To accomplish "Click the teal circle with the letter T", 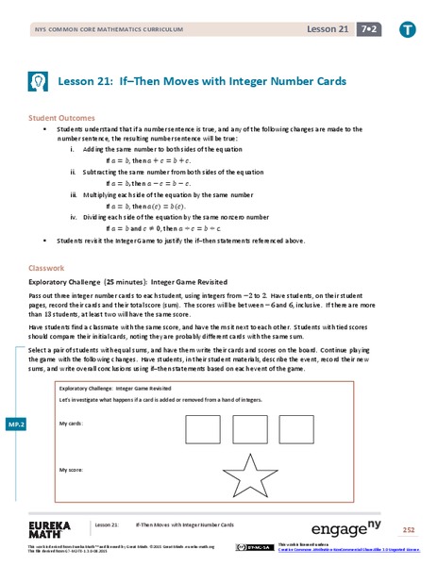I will click(408, 30).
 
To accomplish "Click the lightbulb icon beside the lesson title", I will click(38, 81).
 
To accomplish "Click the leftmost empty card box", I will click(202, 429).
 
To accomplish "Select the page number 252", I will click(408, 529).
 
